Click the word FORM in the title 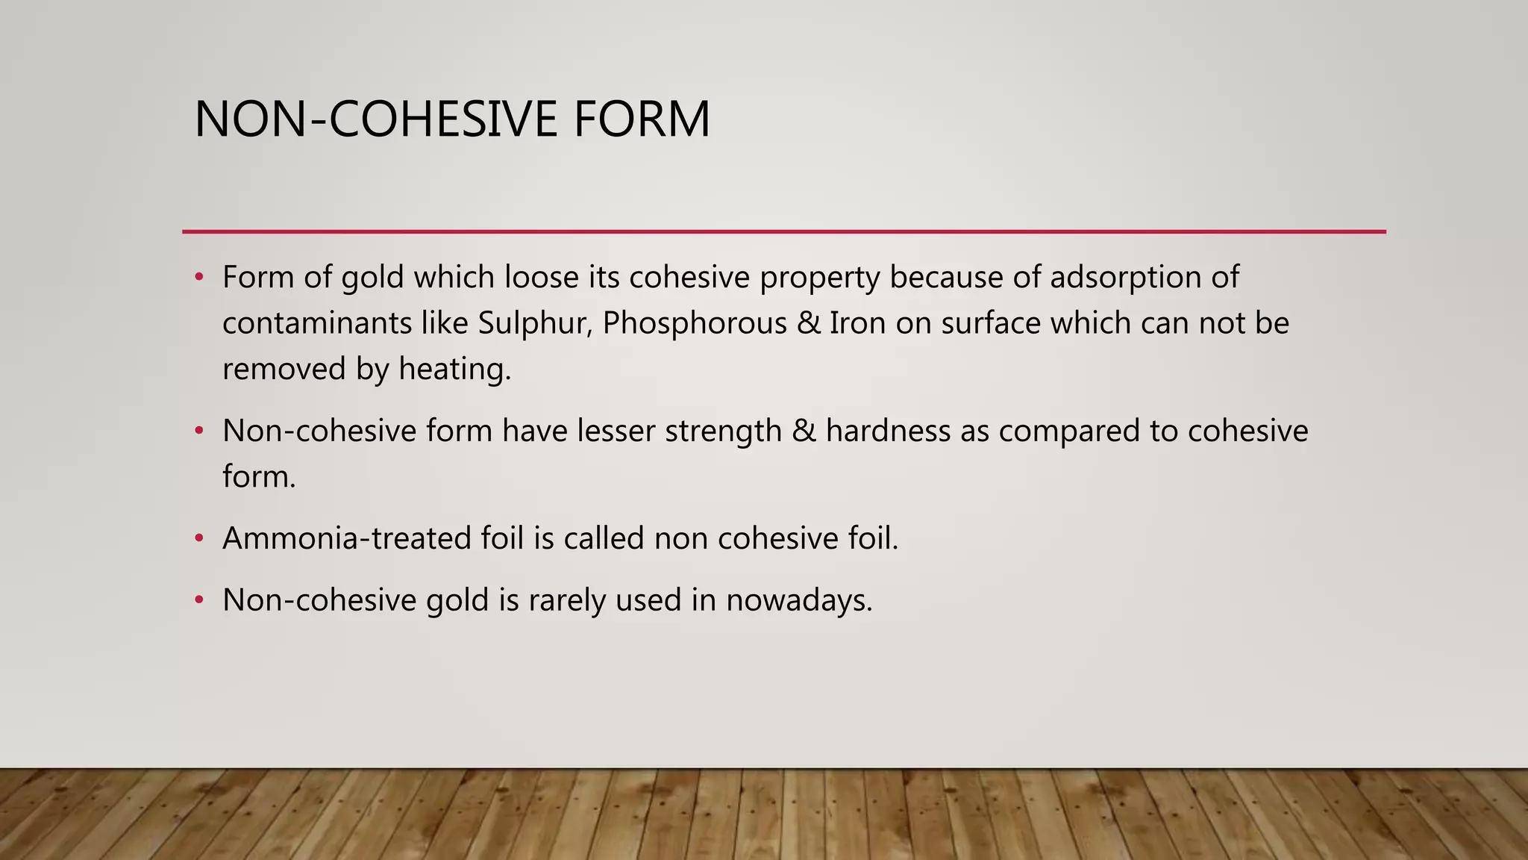pos(642,119)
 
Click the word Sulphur pos(534,323)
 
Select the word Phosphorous pos(695,323)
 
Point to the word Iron pos(857,323)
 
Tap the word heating pos(454,369)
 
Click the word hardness pos(888,431)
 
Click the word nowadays pos(799,600)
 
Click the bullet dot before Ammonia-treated pos(198,538)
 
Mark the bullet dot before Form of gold pos(198,278)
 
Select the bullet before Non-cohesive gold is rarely pos(198,600)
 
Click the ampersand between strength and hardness pos(804,431)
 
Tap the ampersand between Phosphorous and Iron pos(808,323)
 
